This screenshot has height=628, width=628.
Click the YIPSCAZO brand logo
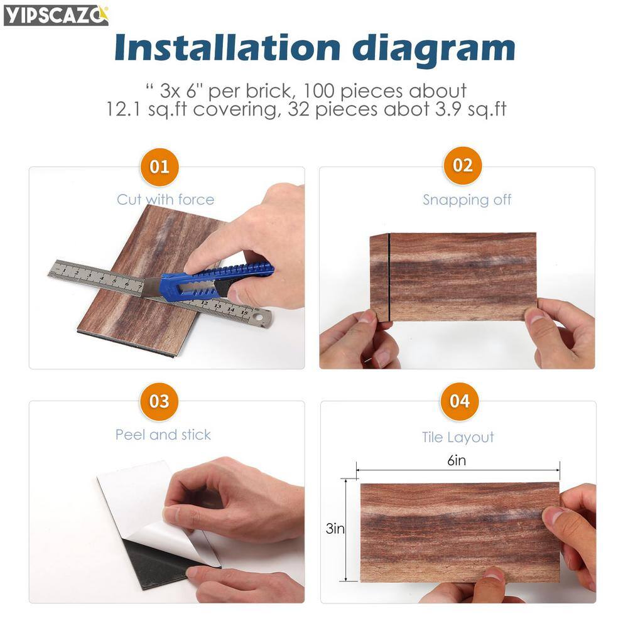[x=56, y=15]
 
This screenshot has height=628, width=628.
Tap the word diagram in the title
[x=434, y=50]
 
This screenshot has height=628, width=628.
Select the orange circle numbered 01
[x=160, y=166]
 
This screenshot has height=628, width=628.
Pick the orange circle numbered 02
[x=463, y=165]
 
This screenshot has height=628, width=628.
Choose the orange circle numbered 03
[x=159, y=401]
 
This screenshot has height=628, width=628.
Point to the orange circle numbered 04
[x=460, y=401]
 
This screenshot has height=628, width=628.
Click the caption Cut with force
[x=165, y=200]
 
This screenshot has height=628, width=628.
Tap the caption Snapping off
[x=467, y=200]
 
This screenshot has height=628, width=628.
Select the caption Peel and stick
[x=163, y=435]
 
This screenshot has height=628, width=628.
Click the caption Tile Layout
[x=458, y=437]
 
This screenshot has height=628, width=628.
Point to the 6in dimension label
[x=457, y=460]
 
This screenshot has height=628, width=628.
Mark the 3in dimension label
[x=335, y=529]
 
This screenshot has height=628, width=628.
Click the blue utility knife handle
[x=216, y=280]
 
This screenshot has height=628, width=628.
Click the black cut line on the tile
[x=389, y=278]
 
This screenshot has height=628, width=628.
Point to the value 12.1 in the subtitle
[x=123, y=109]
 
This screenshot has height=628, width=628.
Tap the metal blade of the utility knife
[x=152, y=287]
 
